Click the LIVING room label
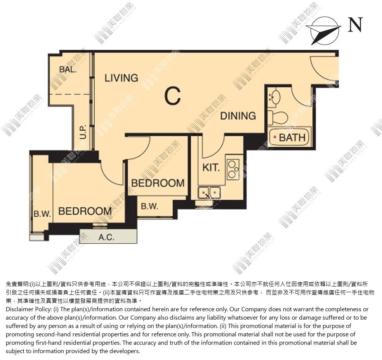(x=121, y=78)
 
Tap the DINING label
(x=238, y=116)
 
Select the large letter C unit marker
(x=173, y=96)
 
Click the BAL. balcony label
(x=68, y=69)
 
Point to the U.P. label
(x=83, y=132)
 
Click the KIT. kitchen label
(x=211, y=168)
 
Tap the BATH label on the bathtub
(x=292, y=138)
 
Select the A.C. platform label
(x=106, y=237)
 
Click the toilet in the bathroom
(x=278, y=118)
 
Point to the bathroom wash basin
(x=274, y=98)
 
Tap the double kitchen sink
(x=209, y=193)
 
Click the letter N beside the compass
(x=355, y=25)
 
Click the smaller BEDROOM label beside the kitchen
(x=158, y=183)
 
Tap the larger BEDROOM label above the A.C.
(x=85, y=211)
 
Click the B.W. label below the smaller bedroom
(x=149, y=206)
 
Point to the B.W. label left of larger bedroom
(x=42, y=214)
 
